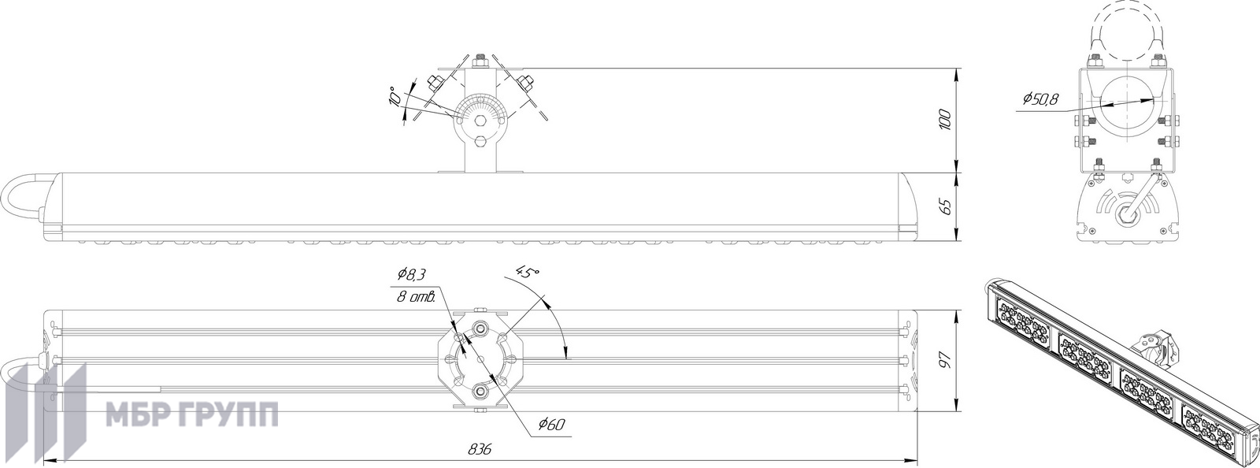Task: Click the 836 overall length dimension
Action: point(480,449)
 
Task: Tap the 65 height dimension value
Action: point(946,206)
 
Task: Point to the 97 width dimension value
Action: point(946,360)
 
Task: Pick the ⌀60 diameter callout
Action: point(550,425)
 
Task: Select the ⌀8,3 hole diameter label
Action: point(412,275)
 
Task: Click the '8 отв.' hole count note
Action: point(416,298)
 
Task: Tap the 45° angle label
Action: point(527,273)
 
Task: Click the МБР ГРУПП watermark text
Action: point(192,415)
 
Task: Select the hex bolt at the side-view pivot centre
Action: point(480,121)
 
